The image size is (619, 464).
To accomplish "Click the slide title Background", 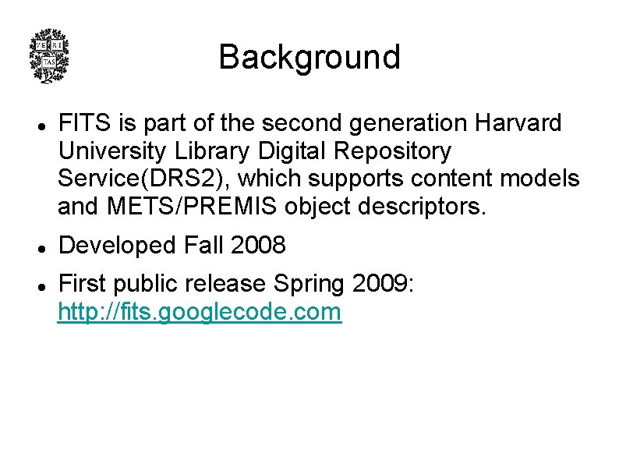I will click(x=309, y=57).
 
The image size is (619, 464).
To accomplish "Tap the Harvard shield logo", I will click(x=48, y=55).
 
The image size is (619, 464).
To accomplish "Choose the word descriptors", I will click(x=419, y=207).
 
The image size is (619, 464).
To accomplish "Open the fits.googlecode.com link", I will click(x=200, y=313).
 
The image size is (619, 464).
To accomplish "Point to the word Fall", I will click(x=204, y=246).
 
